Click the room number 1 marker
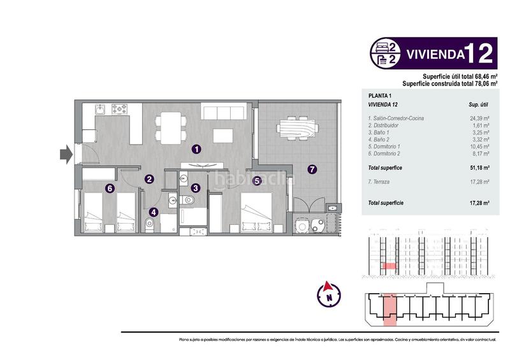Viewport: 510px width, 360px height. pos(197,149)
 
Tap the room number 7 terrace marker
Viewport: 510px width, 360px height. pos(312,169)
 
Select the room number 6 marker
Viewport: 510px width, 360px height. pos(110,188)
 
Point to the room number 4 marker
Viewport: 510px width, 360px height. pos(154,213)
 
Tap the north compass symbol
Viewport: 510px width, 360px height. pos(329,294)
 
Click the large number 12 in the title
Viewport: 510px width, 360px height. pos(479,54)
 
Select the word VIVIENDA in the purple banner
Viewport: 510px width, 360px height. pos(433,54)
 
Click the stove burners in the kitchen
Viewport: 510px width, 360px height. pos(119,108)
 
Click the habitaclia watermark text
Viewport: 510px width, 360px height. pos(255,180)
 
